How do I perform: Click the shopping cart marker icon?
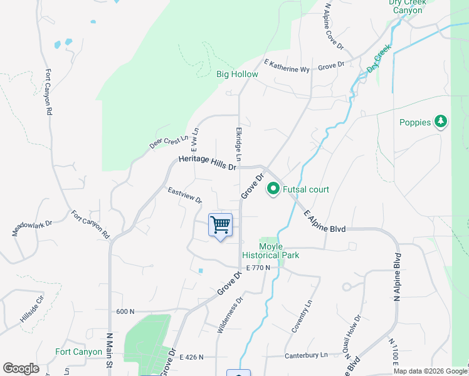220,224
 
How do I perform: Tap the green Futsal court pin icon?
273,189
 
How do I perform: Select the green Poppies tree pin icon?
441,122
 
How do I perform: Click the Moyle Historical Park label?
279,251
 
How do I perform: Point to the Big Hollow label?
237,74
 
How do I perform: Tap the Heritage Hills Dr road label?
207,163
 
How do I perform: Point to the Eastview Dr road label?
184,195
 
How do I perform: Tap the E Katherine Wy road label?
287,65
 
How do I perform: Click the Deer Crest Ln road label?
169,142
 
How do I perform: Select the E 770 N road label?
258,268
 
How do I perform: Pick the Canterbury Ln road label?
307,355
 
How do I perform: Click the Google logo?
21,368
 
